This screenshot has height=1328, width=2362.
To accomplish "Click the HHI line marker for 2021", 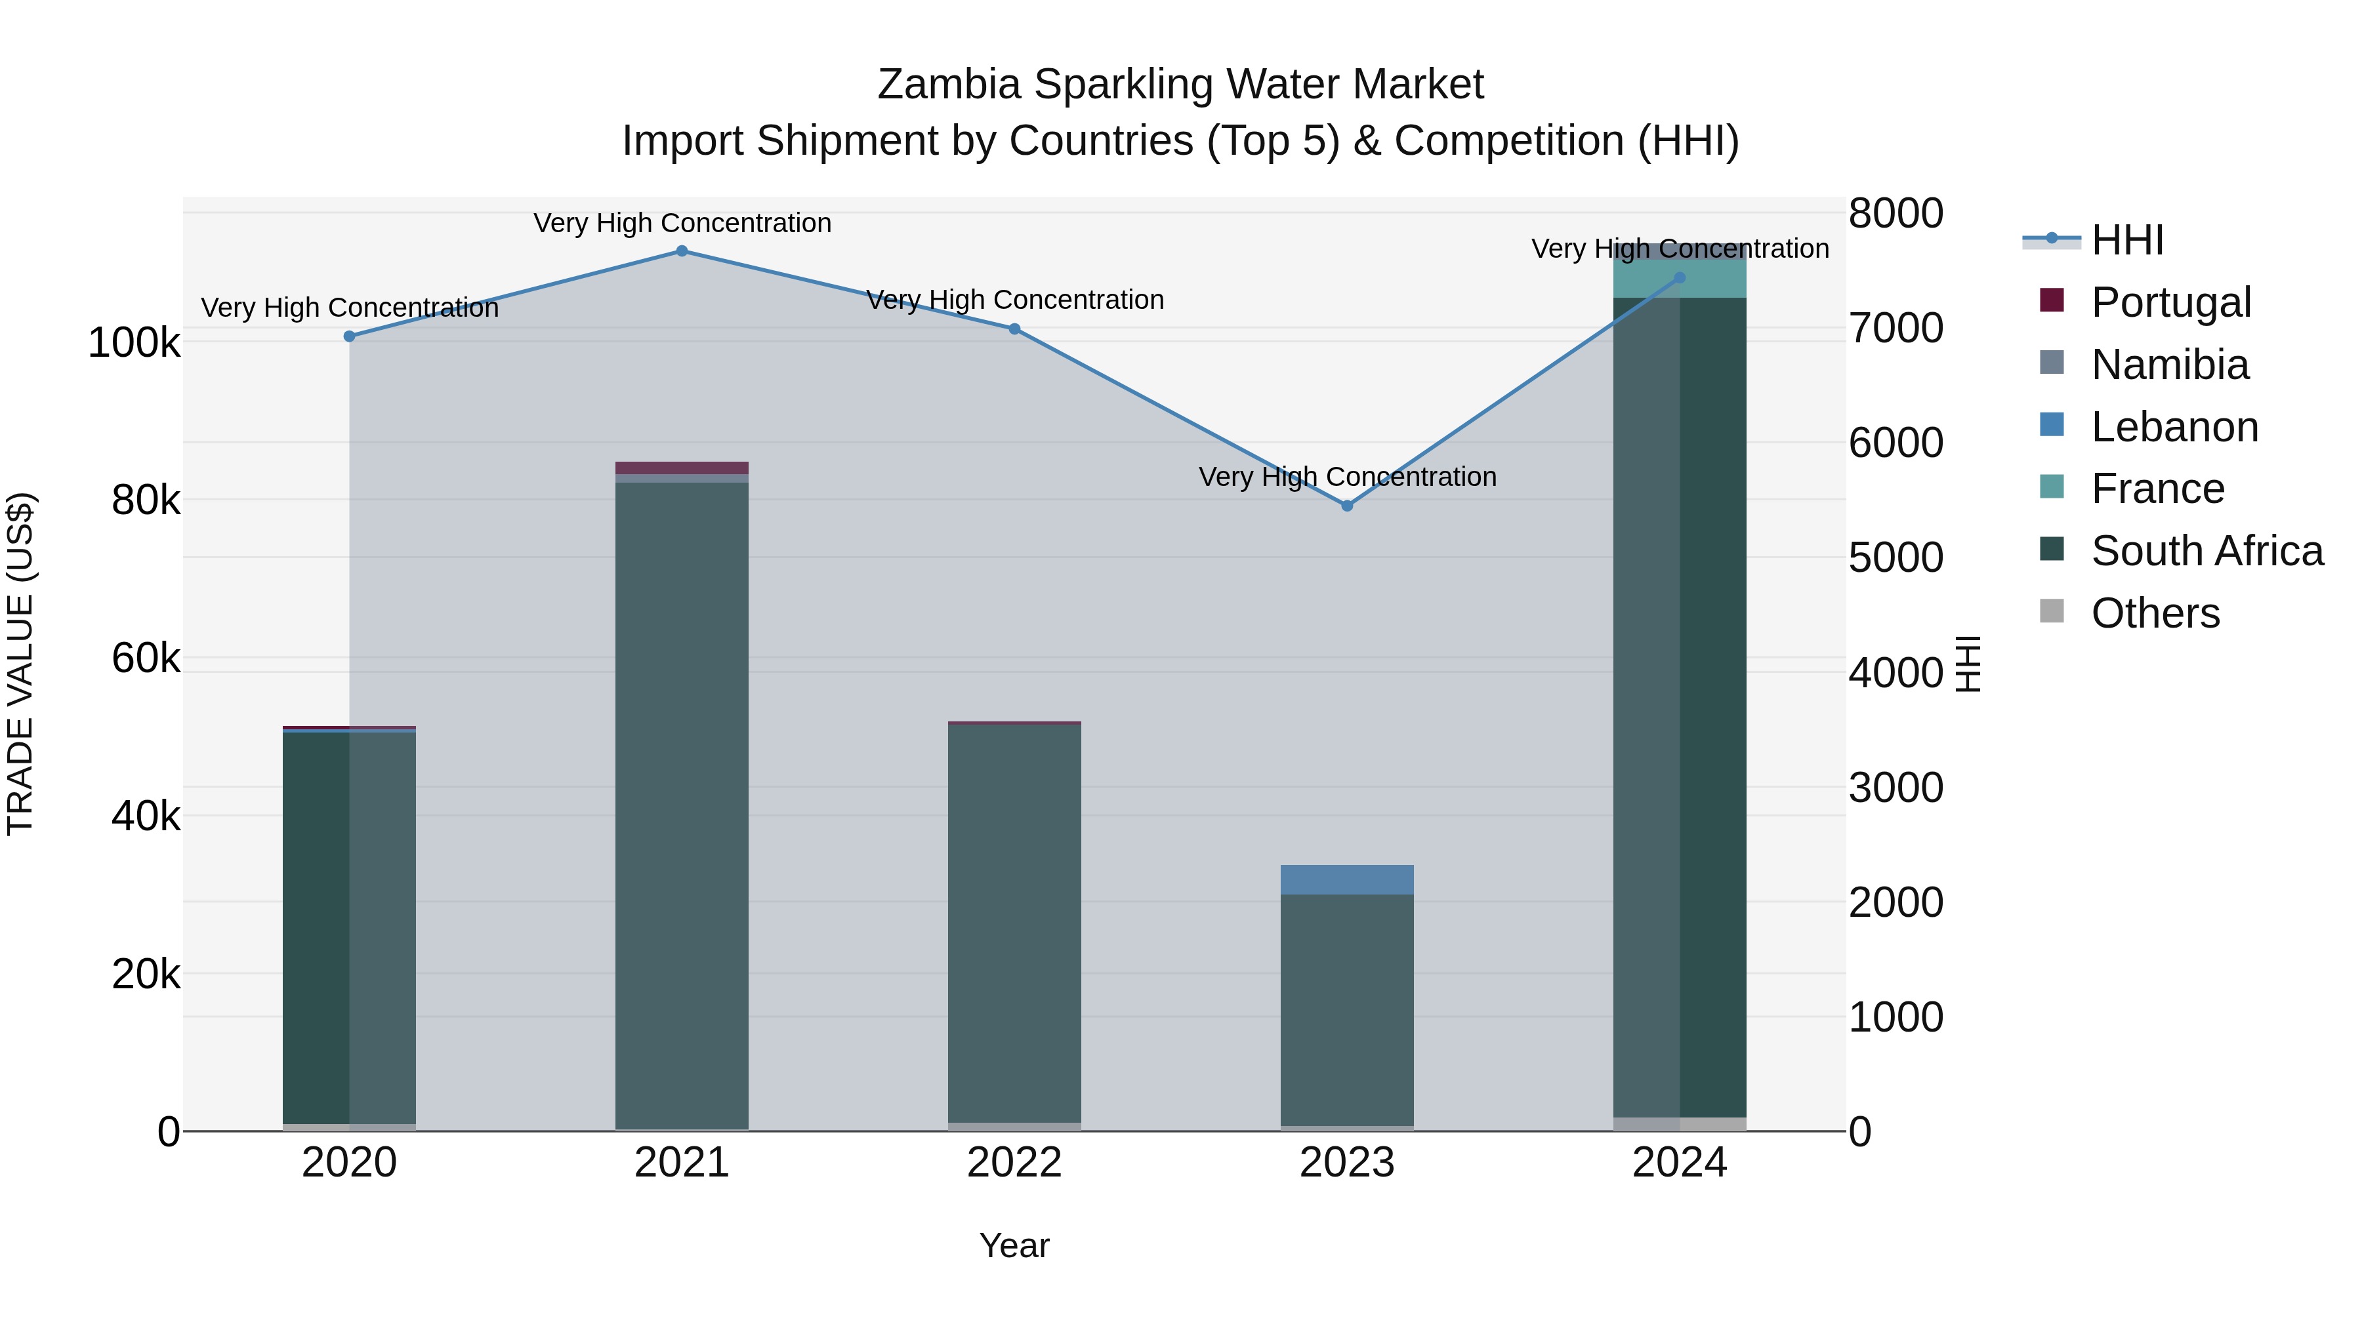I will click(681, 251).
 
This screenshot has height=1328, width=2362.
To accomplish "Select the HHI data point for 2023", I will click(1347, 506).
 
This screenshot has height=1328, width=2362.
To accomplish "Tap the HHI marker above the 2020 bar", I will click(349, 336).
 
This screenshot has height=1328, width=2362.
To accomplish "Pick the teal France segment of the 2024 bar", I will click(1679, 279).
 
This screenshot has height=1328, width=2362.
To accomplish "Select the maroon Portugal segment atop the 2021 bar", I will click(681, 468).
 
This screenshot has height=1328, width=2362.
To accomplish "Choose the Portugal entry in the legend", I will click(2170, 302).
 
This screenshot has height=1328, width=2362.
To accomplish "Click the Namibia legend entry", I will click(2170, 365).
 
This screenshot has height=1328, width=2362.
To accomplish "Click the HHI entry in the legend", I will click(2127, 240).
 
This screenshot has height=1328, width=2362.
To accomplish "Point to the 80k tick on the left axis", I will click(146, 500).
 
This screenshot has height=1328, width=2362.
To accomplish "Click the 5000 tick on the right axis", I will click(1896, 557).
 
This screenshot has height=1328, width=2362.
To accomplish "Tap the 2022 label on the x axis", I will click(1014, 1163).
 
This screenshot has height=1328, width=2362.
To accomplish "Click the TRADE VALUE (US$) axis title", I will click(20, 664).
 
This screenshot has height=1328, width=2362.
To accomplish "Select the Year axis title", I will click(1014, 1245).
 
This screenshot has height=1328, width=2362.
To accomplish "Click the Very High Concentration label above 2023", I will click(1347, 477).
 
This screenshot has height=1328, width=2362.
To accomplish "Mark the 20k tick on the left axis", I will click(146, 975).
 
